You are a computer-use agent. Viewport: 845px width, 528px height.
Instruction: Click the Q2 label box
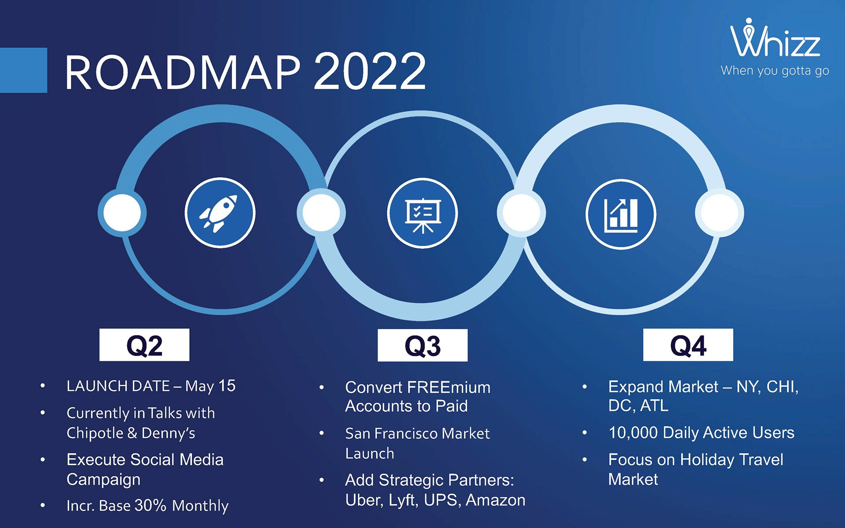[144, 345]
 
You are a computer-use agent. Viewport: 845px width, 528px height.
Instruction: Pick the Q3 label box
[422, 345]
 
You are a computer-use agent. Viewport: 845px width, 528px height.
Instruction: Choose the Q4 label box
[688, 345]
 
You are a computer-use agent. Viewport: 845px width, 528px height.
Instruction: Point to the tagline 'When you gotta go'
[775, 71]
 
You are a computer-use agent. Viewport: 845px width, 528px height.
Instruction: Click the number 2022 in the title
[370, 71]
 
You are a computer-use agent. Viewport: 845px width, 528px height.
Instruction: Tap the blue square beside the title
[23, 70]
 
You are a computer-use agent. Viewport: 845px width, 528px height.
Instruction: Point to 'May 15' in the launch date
[210, 386]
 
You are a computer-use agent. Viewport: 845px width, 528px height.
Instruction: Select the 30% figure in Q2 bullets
[150, 506]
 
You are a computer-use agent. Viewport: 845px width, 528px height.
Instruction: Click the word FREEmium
[448, 388]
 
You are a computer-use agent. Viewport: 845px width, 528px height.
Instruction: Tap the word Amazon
[496, 500]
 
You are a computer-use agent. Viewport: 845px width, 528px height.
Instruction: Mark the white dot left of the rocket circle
[122, 213]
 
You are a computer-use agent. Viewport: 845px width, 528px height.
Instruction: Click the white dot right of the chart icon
[719, 213]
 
